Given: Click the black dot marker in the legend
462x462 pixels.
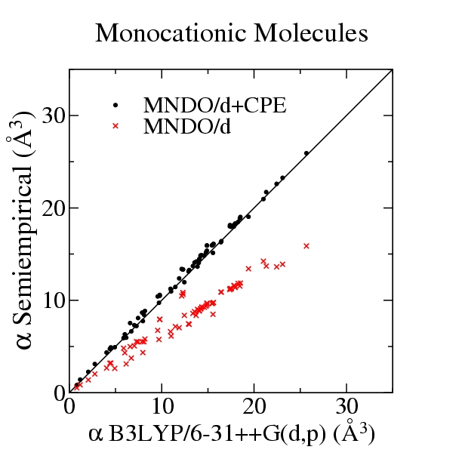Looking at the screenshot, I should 115,104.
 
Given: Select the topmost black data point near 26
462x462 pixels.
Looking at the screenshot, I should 306,153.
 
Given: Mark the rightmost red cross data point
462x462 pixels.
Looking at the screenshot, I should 306,245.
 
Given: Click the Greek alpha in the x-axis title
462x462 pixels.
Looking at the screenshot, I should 95,436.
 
